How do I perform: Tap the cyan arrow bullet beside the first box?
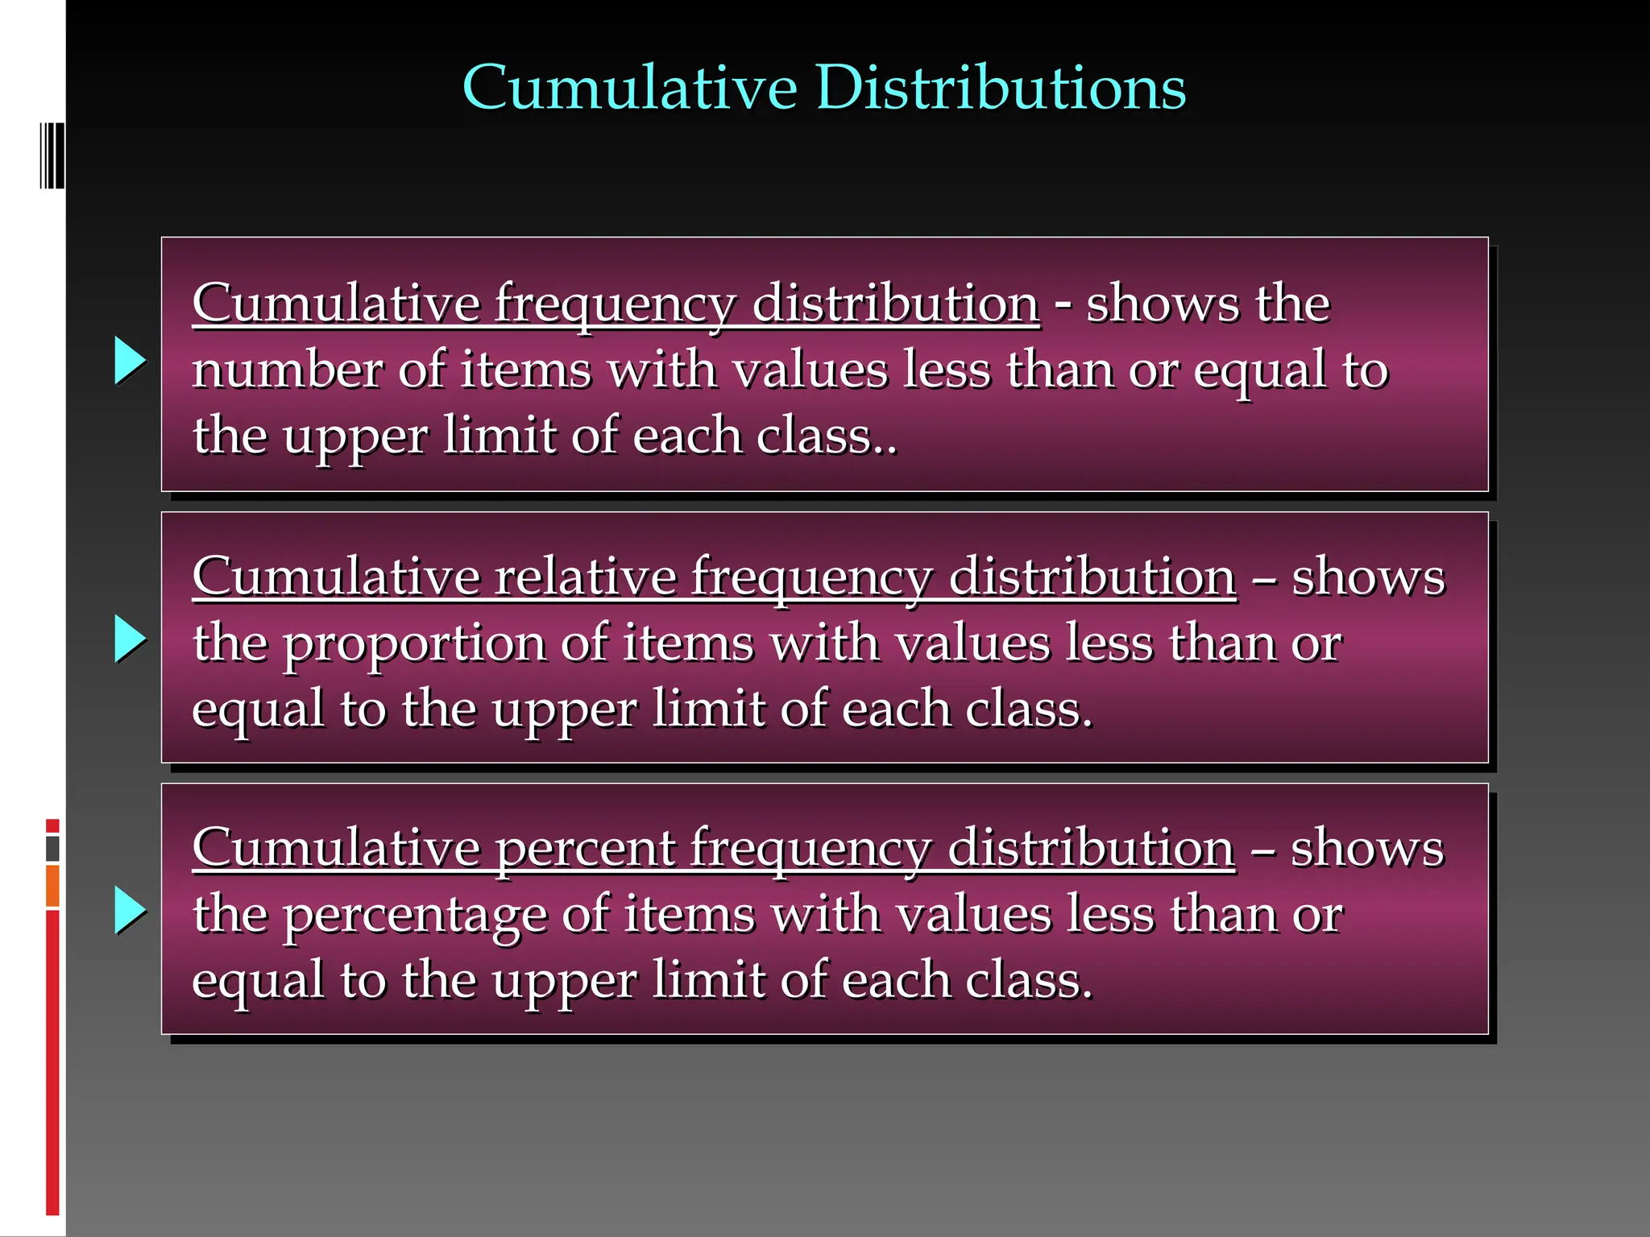click(x=130, y=360)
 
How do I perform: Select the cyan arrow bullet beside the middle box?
click(x=130, y=639)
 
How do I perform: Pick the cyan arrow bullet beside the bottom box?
click(x=130, y=910)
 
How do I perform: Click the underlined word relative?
click(x=586, y=577)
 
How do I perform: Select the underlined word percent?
click(x=587, y=848)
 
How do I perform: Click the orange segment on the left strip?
click(x=52, y=886)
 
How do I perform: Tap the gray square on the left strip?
click(x=52, y=848)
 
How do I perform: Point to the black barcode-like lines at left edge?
click(x=52, y=155)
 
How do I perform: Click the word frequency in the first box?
click(x=615, y=304)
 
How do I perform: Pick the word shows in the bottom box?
click(x=1367, y=848)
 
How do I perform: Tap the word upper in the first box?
click(x=355, y=437)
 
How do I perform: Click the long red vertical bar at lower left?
click(x=52, y=1063)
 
